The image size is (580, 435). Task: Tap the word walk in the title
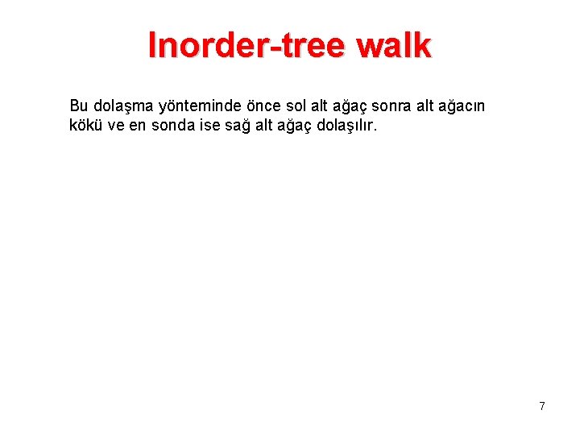396,46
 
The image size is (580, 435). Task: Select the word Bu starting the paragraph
79,106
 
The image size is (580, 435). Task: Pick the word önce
260,106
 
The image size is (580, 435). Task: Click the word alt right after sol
319,106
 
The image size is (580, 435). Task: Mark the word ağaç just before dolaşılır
288,126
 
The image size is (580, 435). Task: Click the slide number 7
542,406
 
